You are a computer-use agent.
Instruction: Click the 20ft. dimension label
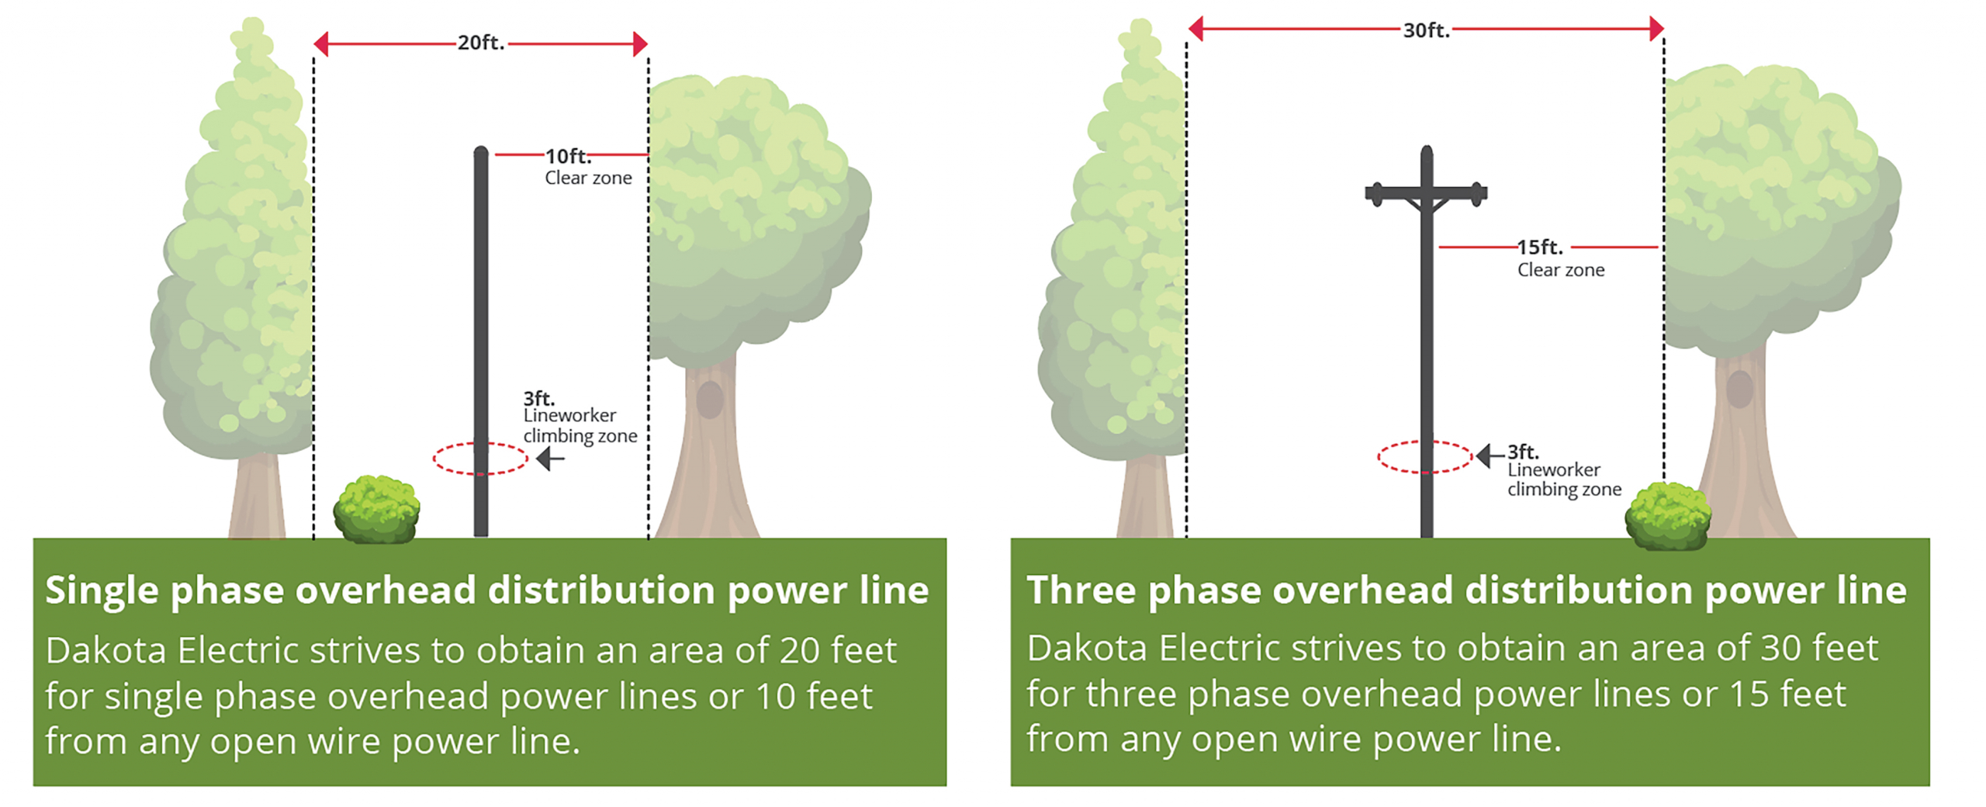point(480,43)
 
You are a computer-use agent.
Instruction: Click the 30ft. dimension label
point(1425,30)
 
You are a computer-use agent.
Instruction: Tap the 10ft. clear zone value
point(567,156)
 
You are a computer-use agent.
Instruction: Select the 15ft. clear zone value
point(1540,247)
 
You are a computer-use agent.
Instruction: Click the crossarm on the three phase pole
point(1426,192)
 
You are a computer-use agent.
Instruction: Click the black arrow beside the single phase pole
point(550,459)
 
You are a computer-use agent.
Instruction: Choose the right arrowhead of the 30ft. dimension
point(1656,29)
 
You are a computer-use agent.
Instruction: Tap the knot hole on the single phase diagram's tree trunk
point(709,400)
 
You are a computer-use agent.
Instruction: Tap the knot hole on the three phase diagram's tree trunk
point(1739,389)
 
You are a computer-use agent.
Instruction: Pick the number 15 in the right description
point(1749,694)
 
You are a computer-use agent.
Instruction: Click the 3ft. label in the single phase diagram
point(538,398)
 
